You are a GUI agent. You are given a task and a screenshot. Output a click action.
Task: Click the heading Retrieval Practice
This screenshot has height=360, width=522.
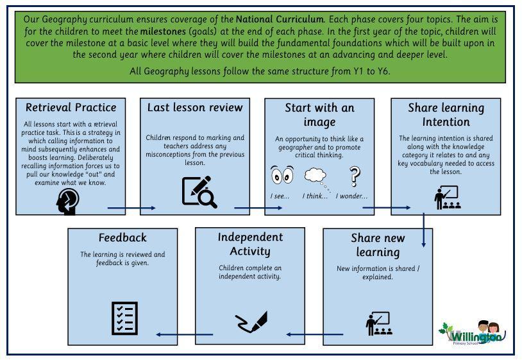[71, 108]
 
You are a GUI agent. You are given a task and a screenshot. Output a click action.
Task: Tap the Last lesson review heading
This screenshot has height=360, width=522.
[195, 108]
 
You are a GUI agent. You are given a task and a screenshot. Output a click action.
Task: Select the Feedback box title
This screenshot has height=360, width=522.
[122, 237]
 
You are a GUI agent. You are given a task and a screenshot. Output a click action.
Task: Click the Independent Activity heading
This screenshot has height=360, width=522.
[250, 244]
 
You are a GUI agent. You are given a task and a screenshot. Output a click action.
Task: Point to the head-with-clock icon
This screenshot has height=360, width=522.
[67, 201]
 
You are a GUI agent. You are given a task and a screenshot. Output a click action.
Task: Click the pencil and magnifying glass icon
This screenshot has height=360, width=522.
[199, 192]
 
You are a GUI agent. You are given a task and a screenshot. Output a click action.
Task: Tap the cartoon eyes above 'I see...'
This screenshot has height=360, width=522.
[282, 175]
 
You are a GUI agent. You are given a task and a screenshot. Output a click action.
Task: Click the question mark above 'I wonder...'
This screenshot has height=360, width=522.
[355, 176]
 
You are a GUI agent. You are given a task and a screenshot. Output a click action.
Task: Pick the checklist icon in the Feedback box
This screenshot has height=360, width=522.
[124, 318]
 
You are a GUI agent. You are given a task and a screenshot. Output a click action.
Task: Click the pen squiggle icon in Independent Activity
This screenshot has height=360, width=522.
[251, 321]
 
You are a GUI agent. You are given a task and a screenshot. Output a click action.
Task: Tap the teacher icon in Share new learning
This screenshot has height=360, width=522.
[379, 323]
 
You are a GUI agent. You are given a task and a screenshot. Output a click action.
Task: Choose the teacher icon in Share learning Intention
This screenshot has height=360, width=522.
[448, 198]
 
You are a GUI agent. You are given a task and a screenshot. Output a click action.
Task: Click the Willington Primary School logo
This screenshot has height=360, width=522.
[473, 332]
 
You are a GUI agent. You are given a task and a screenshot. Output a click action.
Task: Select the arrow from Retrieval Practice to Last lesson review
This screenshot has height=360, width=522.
[131, 208]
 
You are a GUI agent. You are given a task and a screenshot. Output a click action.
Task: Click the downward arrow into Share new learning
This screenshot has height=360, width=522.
[423, 230]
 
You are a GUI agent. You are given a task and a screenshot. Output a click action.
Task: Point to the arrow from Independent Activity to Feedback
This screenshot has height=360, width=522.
[185, 334]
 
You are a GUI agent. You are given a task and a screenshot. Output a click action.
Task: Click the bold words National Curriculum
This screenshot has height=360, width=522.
[280, 19]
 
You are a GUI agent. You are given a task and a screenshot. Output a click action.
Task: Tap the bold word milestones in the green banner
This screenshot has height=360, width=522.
[163, 31]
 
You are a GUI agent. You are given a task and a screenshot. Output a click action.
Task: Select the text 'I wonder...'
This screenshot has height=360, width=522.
[351, 196]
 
